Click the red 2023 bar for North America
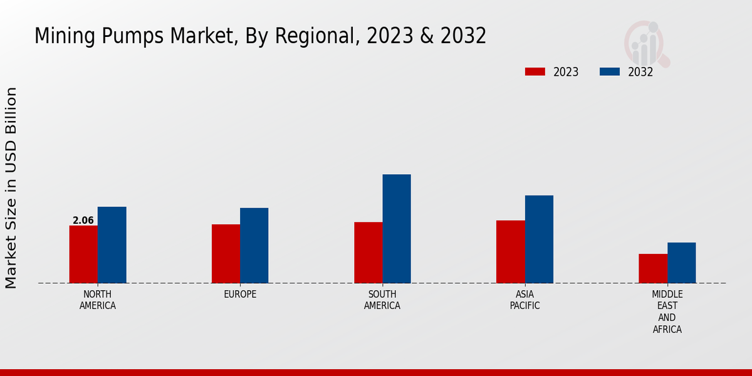tap(83, 254)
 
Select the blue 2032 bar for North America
tap(112, 244)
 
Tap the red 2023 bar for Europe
tap(226, 253)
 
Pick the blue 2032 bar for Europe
tap(254, 245)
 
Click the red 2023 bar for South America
tap(368, 252)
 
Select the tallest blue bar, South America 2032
tap(397, 228)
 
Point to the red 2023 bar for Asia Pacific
tap(510, 251)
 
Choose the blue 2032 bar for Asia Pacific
tap(539, 239)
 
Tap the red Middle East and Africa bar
tap(652, 268)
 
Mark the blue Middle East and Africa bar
tap(681, 263)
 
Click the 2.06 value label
tap(83, 221)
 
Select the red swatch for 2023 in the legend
tap(535, 72)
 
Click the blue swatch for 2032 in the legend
tap(609, 72)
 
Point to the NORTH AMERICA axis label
tap(98, 300)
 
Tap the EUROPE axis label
tap(240, 295)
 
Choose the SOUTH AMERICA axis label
tap(382, 300)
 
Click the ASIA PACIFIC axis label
tap(525, 300)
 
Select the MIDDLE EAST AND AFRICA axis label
tap(667, 311)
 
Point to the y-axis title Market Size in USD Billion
tap(11, 188)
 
